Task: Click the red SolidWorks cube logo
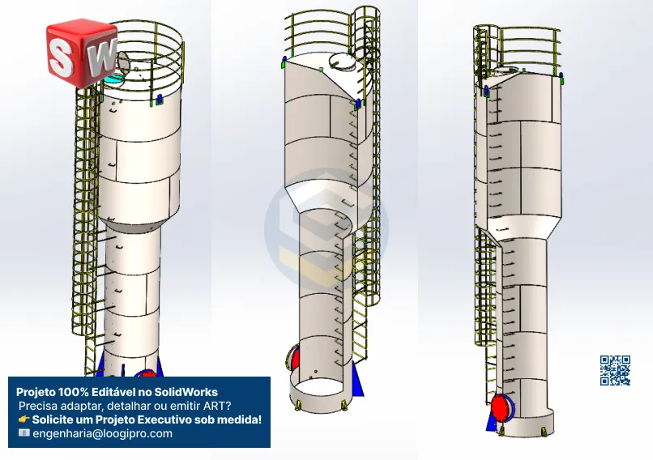coord(82,53)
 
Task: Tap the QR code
coord(615,370)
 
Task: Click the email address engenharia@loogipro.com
coord(102,433)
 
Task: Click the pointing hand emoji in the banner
coord(23,420)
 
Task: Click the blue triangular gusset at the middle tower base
coord(357,380)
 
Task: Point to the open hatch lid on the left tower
coord(123,62)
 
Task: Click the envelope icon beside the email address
coord(24,433)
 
